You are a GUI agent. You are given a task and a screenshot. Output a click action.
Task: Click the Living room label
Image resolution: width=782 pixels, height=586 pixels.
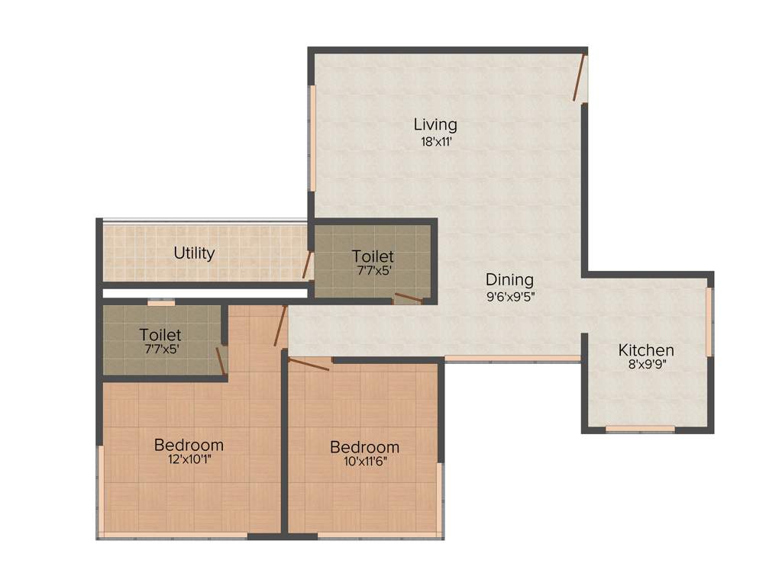click(x=435, y=124)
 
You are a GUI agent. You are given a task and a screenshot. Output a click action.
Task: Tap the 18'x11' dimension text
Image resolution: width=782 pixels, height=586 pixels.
click(x=435, y=141)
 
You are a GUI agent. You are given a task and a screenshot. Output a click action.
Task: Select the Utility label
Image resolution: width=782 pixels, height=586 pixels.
click(x=194, y=253)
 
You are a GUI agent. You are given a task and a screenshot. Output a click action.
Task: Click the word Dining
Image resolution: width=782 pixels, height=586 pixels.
click(x=509, y=279)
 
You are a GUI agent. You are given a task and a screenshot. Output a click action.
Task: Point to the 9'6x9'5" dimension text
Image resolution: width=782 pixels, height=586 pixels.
click(x=509, y=297)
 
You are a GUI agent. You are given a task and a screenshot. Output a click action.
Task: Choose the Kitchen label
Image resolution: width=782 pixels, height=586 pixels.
click(x=646, y=350)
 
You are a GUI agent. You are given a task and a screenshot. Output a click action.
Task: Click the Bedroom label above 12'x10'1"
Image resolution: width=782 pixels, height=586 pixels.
click(x=189, y=444)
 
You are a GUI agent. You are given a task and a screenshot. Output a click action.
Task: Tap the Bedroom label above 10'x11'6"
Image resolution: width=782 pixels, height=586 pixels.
click(x=364, y=446)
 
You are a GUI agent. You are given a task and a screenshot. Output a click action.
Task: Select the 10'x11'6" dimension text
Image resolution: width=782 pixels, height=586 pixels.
click(x=364, y=462)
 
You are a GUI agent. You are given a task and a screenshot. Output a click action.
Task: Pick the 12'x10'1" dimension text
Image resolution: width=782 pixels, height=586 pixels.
click(x=189, y=459)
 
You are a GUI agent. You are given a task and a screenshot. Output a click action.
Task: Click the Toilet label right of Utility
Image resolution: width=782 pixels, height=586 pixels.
click(x=373, y=256)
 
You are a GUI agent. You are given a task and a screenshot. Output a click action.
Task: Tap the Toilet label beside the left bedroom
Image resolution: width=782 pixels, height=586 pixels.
click(x=160, y=335)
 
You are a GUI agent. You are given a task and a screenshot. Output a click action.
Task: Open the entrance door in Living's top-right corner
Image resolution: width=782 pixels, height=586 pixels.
click(x=580, y=77)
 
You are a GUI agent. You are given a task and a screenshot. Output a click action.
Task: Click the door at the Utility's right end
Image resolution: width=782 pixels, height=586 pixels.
click(x=307, y=265)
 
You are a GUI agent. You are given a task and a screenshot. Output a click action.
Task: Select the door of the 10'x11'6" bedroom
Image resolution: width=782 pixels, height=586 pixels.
click(x=309, y=364)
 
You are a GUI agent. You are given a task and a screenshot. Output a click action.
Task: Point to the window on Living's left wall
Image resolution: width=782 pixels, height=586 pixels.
click(x=312, y=138)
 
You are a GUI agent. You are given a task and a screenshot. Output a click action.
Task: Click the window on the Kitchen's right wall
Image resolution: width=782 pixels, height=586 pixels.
click(x=709, y=321)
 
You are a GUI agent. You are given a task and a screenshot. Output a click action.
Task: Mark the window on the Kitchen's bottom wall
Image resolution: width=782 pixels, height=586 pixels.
click(x=640, y=429)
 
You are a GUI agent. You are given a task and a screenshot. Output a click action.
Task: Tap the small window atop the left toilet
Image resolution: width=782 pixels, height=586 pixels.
click(x=161, y=303)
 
